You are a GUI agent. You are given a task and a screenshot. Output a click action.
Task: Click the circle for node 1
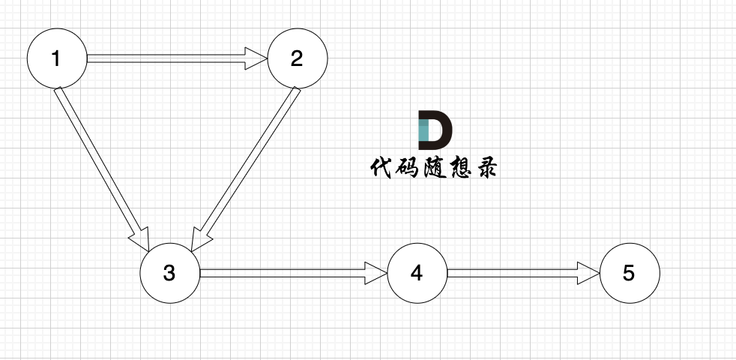57,58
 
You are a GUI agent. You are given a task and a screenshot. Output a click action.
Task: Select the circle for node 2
298,58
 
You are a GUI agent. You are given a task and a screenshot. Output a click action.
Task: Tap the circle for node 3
170,273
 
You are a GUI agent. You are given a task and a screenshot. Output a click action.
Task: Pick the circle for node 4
417,273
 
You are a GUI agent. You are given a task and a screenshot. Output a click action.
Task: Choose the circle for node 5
630,273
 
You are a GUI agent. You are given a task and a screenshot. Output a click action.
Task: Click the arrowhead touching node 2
257,58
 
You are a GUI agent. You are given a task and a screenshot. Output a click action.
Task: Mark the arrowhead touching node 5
589,273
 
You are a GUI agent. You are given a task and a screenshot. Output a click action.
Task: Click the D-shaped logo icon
435,129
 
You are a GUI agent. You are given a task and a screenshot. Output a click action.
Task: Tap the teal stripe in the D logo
423,129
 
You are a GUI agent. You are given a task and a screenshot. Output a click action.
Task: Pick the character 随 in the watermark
435,167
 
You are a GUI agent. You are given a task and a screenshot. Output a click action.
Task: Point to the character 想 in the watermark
460,167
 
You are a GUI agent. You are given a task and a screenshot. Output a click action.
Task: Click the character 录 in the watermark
486,167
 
